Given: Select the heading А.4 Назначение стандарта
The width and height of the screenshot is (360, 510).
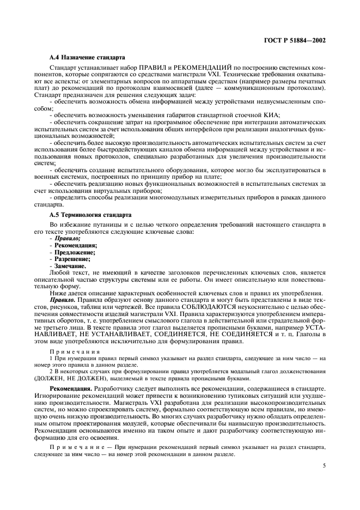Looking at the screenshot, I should tap(87, 57).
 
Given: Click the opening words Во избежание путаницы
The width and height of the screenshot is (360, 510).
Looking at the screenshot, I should tap(86, 224).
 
